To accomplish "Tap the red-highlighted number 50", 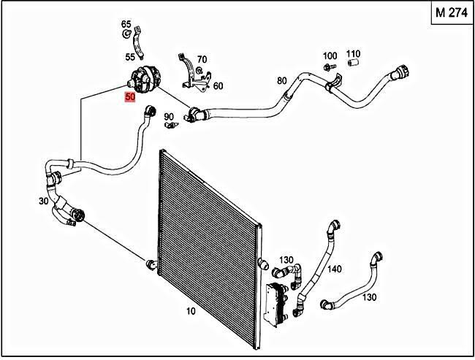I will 130,96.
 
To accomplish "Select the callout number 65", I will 126,25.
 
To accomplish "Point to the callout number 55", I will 130,57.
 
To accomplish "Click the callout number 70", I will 202,59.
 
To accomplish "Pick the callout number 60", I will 218,85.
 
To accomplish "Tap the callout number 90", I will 168,116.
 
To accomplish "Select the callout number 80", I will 281,80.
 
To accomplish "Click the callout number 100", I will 330,56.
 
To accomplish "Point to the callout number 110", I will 354,54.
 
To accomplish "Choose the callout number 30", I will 43,200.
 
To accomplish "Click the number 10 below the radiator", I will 191,312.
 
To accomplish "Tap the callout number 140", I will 335,269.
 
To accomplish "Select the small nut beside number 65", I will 126,35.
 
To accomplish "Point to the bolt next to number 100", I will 327,67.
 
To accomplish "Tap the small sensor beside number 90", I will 172,124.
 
